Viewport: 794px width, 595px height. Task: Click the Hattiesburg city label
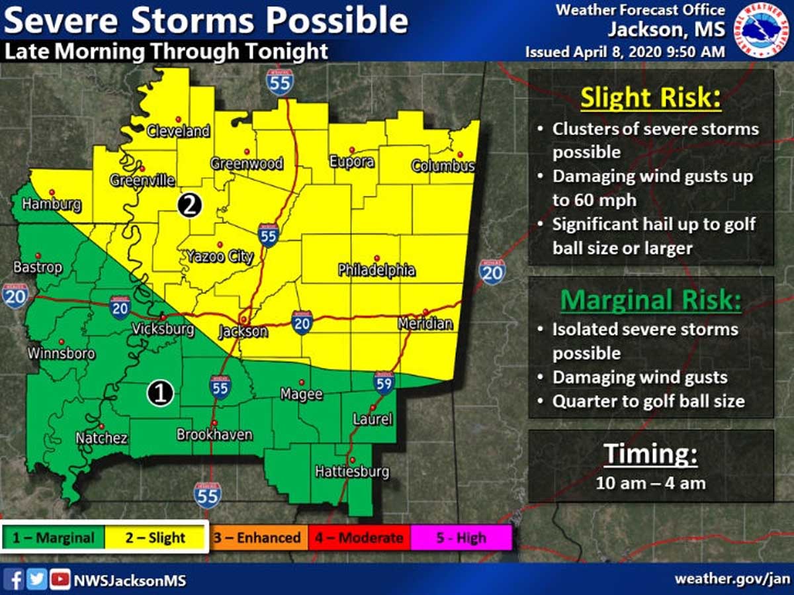pyautogui.click(x=351, y=472)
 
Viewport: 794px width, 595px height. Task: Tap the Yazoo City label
pyautogui.click(x=220, y=256)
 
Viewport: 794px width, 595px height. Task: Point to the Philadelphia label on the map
pyautogui.click(x=376, y=269)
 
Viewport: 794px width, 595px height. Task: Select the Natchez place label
pyautogui.click(x=101, y=437)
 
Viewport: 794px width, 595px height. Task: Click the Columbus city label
pyautogui.click(x=443, y=165)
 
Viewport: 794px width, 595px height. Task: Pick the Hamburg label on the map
pyautogui.click(x=51, y=205)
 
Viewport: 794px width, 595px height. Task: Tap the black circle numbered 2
pyautogui.click(x=189, y=205)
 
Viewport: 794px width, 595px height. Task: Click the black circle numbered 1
pyautogui.click(x=159, y=394)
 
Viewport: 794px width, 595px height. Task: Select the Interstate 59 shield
pyautogui.click(x=384, y=382)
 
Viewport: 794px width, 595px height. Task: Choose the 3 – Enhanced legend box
pyautogui.click(x=256, y=537)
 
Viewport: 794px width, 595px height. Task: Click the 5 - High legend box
pyautogui.click(x=461, y=537)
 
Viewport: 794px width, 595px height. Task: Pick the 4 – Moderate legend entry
pyautogui.click(x=358, y=537)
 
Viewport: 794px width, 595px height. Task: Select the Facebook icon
pyautogui.click(x=17, y=580)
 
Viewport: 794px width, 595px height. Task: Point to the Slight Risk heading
pyautogui.click(x=650, y=99)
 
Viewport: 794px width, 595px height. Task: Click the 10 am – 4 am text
pyautogui.click(x=650, y=483)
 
